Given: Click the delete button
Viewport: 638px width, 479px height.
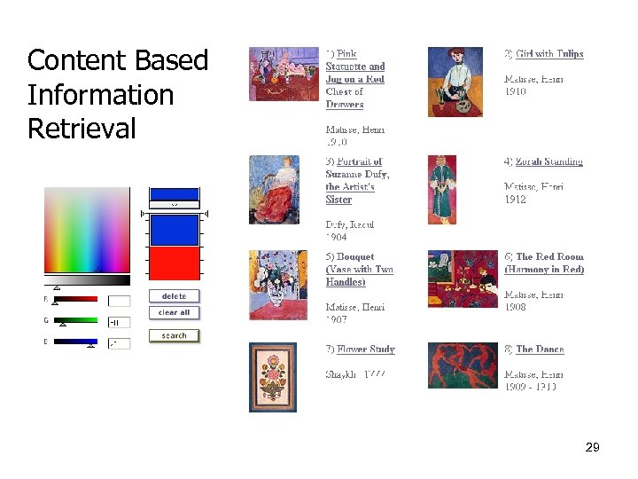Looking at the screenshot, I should pos(174,296).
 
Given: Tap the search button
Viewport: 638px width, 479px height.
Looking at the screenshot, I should pos(174,335).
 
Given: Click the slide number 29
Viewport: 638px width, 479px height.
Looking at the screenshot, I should pos(593,448).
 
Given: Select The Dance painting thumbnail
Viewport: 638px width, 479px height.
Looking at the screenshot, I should pos(462,365).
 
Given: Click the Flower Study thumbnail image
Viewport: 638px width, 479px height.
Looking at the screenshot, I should pos(272,377).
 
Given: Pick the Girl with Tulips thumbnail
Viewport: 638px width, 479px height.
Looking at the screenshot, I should pos(455,82).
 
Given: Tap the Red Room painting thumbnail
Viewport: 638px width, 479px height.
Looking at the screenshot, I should pos(462,279).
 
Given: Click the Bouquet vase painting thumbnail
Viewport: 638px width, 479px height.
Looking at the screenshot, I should pos(277,285).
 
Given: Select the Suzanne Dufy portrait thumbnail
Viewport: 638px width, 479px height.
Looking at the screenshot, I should pos(274,189).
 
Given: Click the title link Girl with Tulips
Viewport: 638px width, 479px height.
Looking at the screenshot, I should pos(549,54).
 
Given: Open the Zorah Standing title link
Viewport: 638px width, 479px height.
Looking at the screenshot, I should pos(549,161).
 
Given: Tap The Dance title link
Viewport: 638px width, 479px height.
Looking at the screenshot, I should pos(540,349).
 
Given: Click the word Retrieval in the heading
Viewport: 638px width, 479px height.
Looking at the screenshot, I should pos(82,129).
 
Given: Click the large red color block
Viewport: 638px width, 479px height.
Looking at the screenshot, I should pos(174,264).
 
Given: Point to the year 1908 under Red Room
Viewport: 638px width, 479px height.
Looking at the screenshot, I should pos(515,307).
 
